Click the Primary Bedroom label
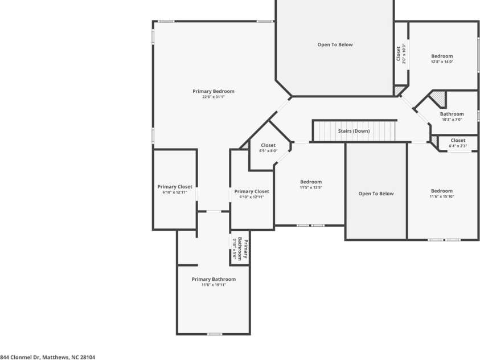click(214, 91)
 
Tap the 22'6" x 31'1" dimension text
click(214, 97)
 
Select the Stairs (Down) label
click(354, 131)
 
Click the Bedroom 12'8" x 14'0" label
click(442, 59)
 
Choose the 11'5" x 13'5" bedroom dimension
click(311, 187)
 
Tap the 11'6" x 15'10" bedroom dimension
click(442, 197)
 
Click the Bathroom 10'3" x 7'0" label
click(452, 117)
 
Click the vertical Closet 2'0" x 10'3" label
click(401, 54)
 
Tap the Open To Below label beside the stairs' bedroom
click(376, 194)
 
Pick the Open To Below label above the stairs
click(335, 44)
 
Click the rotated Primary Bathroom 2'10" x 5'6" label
click(240, 248)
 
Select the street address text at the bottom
click(47, 357)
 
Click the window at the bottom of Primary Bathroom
click(214, 334)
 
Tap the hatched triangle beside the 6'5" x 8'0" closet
click(245, 146)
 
